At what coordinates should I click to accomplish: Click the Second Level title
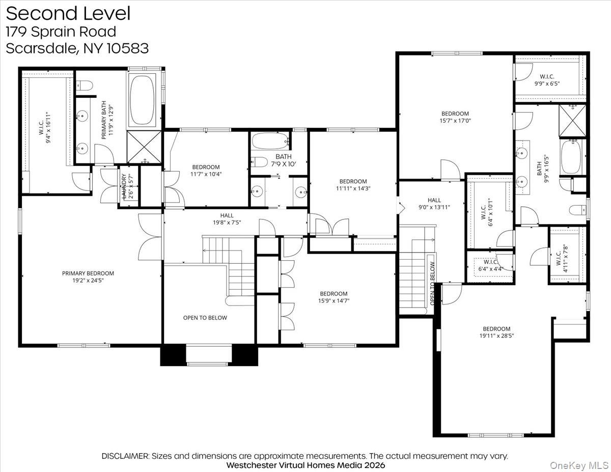[68, 14]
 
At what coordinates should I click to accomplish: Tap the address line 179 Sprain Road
[61, 32]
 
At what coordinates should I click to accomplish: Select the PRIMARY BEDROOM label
[88, 273]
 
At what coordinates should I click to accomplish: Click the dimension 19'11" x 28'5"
[496, 336]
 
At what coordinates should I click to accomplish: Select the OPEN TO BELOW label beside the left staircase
[205, 318]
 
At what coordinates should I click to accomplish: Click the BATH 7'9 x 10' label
[284, 160]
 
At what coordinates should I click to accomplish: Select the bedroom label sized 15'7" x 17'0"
[455, 117]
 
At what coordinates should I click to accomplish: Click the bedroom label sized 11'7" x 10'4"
[206, 170]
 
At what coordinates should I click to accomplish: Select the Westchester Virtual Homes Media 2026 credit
[305, 465]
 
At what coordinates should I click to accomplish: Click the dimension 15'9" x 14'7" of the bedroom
[334, 300]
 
